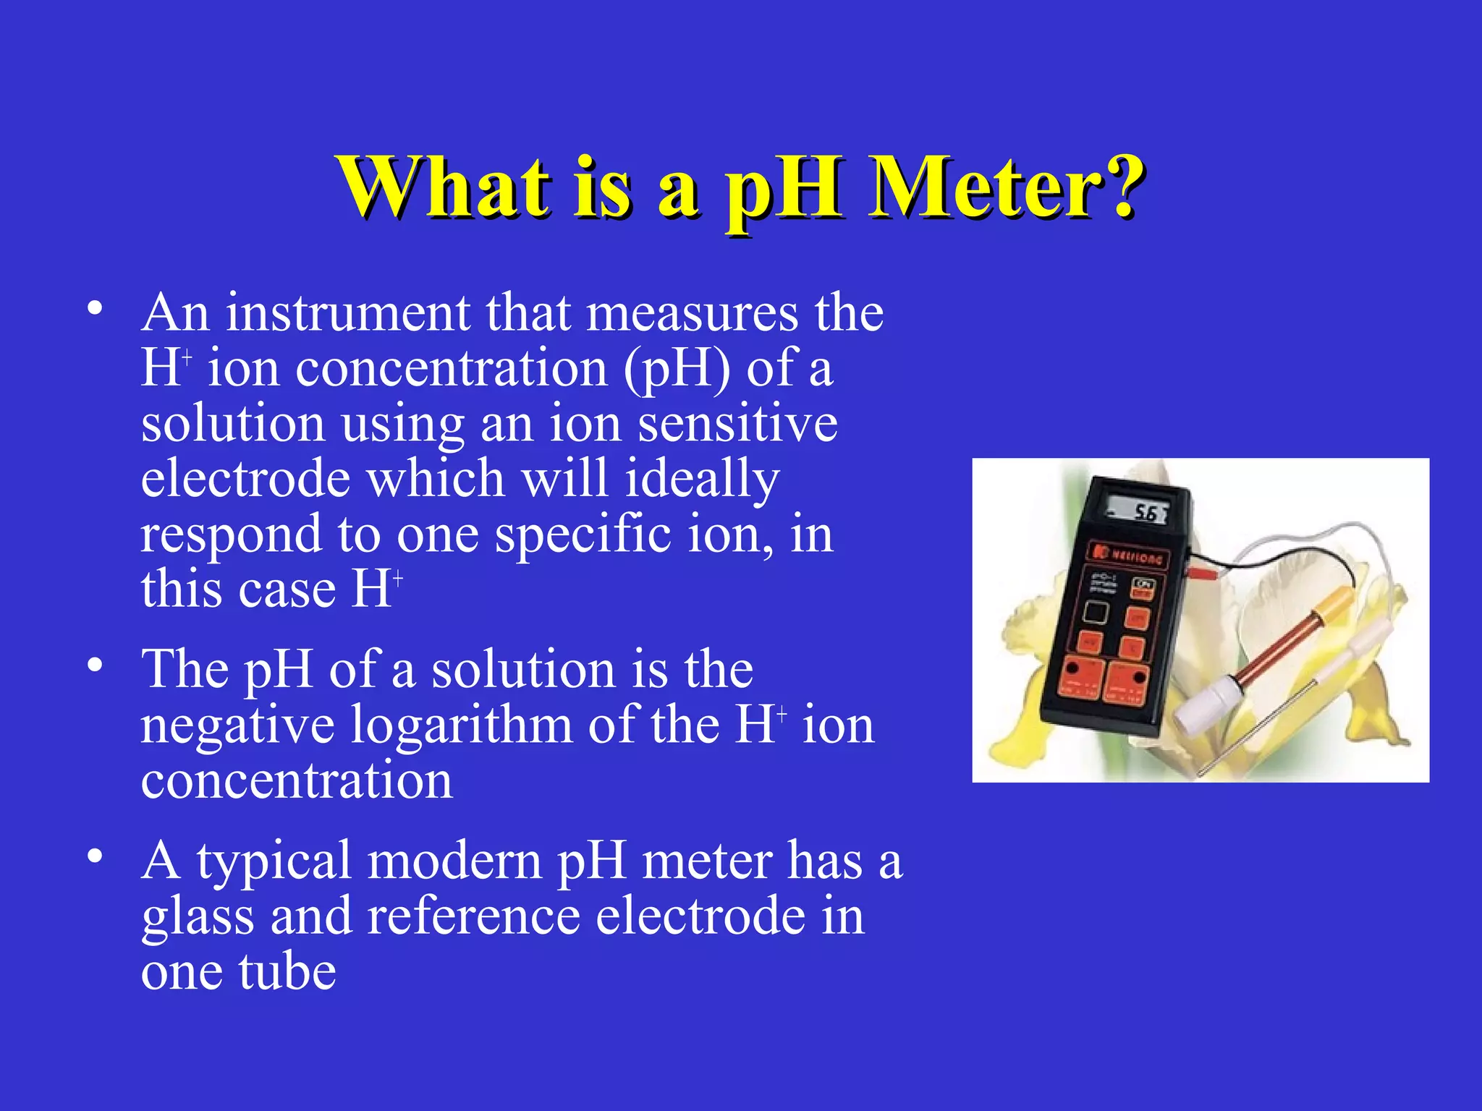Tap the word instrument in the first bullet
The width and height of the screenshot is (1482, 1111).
tap(347, 313)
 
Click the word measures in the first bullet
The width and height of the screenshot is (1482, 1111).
tap(692, 313)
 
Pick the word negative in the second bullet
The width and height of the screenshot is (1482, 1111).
tap(237, 726)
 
